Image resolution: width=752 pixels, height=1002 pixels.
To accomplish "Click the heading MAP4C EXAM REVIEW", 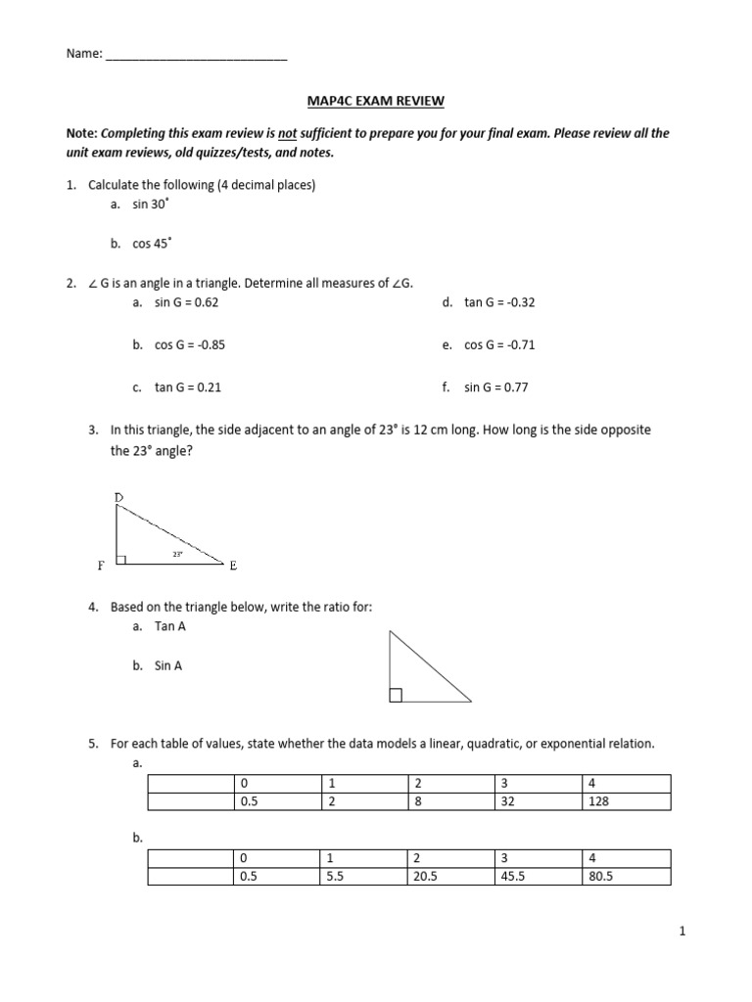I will pyautogui.click(x=376, y=100).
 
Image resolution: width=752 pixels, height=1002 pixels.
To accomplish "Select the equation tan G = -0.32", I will pyautogui.click(x=499, y=302).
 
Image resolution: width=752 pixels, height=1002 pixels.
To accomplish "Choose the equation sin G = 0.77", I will pyautogui.click(x=495, y=387).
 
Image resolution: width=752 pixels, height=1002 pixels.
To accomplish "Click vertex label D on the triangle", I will pyautogui.click(x=118, y=498).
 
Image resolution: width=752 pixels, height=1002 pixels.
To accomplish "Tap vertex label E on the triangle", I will pyautogui.click(x=233, y=565).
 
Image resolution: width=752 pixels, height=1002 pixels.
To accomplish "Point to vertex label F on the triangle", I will pyautogui.click(x=100, y=566).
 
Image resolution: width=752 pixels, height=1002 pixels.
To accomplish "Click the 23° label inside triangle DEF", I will pyautogui.click(x=178, y=554).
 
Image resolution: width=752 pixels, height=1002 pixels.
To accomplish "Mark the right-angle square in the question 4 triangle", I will pyautogui.click(x=396, y=696).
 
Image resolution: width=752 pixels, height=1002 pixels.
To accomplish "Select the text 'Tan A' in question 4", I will pyautogui.click(x=169, y=626).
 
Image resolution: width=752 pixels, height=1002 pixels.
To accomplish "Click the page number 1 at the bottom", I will pyautogui.click(x=683, y=933).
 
